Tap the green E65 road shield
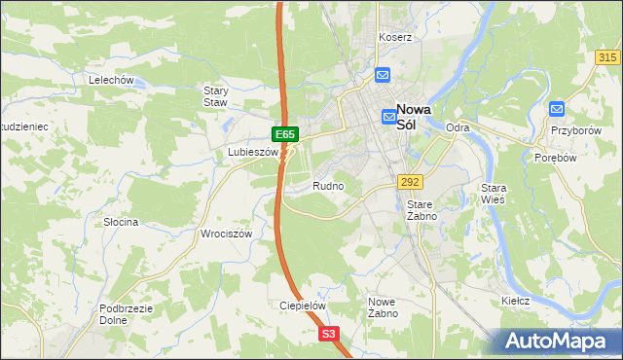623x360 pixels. (284, 133)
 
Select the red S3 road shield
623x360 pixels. (330, 334)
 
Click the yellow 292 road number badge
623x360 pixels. (409, 182)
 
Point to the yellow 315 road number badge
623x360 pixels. (606, 58)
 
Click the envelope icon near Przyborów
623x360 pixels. (557, 110)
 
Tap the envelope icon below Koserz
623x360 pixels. (383, 74)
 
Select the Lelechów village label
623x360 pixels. (110, 80)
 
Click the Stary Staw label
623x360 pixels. (215, 95)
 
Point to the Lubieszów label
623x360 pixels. (252, 153)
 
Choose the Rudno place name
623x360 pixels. (328, 185)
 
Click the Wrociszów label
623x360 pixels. (226, 234)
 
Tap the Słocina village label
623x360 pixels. (122, 222)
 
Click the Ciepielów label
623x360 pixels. (302, 305)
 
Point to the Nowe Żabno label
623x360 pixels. (382, 307)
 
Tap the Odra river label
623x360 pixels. (458, 127)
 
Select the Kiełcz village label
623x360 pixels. (515, 301)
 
